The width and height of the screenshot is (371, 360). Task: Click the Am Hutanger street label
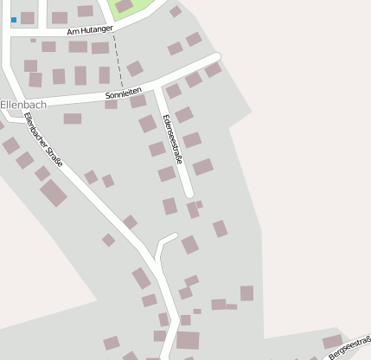pyautogui.click(x=90, y=29)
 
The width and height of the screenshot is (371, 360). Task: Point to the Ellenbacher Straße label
pyautogui.click(x=43, y=140)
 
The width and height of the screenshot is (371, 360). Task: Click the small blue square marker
pyautogui.click(x=14, y=19)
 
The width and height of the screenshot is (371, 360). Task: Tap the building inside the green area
pyautogui.click(x=125, y=6)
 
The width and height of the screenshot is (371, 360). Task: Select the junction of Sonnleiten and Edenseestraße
pyautogui.click(x=159, y=86)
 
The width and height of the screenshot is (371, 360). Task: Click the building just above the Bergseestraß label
pyautogui.click(x=332, y=341)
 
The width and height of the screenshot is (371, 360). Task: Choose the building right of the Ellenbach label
pyautogui.click(x=73, y=119)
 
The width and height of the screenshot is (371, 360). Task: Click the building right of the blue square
pyautogui.click(x=28, y=18)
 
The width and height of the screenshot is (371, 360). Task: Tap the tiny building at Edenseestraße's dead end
pyautogui.click(x=199, y=204)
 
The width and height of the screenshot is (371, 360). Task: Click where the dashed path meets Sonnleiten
pyautogui.click(x=121, y=91)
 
